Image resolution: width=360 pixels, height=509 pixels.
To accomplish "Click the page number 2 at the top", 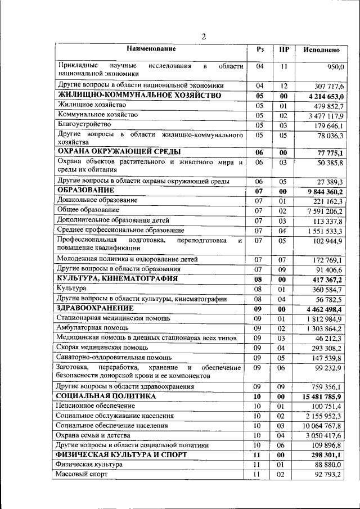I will click(x=204, y=37).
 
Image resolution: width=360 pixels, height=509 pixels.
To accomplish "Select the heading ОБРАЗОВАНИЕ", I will click(x=85, y=191).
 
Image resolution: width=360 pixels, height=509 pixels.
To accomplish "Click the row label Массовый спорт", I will click(x=82, y=475).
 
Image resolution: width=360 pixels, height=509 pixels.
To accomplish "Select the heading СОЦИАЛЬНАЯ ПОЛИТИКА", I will click(x=106, y=412).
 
